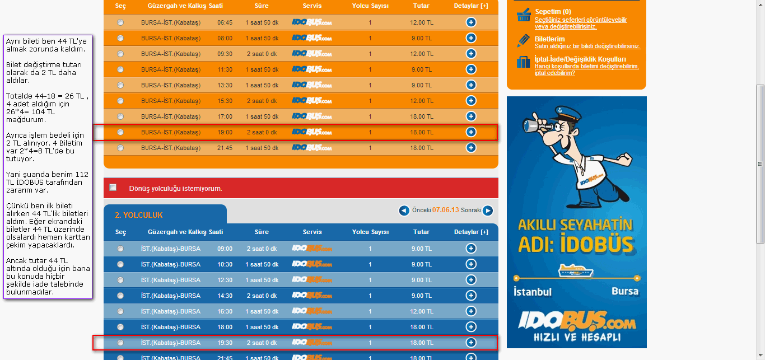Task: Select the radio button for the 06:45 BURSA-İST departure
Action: pos(120,22)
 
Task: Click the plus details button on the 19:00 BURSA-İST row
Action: pos(471,132)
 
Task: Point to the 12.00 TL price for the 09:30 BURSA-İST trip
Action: pos(421,54)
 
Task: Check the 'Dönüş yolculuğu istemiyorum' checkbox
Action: pos(113,188)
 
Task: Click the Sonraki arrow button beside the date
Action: pos(488,211)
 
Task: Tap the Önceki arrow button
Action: pos(404,211)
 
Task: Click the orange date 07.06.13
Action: pos(446,210)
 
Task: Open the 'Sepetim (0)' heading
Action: pos(553,12)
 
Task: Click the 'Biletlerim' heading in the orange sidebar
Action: pos(549,39)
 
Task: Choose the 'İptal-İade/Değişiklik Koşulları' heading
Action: pos(580,59)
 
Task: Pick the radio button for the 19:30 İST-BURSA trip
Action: pos(120,343)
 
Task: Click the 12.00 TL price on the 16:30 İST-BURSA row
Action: pos(421,311)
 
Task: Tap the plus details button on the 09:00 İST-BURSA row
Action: pos(471,249)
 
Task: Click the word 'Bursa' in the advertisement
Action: pos(624,292)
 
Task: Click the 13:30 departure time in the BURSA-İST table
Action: pos(225,85)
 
